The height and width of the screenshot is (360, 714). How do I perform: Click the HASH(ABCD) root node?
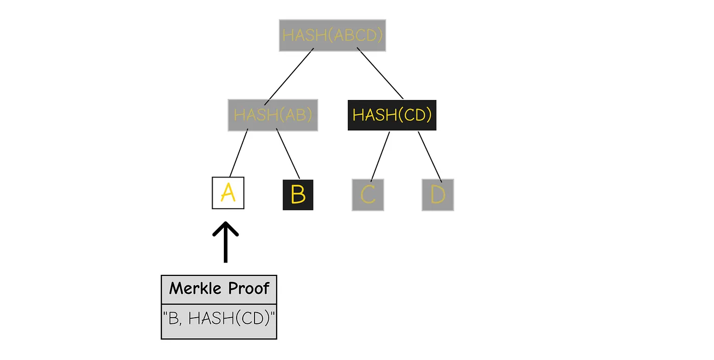coord(333,35)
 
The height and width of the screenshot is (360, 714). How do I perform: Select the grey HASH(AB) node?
coord(273,115)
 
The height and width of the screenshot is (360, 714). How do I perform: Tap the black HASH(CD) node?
coord(392,115)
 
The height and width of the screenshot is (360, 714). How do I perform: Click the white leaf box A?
coord(228,193)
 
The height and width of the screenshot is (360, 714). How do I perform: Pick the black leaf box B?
coord(298,195)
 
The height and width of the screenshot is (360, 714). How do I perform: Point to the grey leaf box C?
coord(368,195)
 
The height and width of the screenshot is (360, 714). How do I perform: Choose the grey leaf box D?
coord(438,195)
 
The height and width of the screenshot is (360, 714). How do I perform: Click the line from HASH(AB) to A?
coord(239,153)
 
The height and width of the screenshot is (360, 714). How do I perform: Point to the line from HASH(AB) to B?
coord(288,153)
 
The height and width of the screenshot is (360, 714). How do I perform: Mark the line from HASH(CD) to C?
coord(380,156)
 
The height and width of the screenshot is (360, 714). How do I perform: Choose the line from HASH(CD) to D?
coord(430,155)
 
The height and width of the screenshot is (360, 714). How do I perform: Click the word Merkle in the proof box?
coord(196,289)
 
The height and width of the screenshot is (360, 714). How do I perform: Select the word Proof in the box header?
coord(249,289)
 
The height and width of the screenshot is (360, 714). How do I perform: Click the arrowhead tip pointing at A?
coord(225,223)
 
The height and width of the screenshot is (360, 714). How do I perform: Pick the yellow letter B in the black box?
coord(298,195)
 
